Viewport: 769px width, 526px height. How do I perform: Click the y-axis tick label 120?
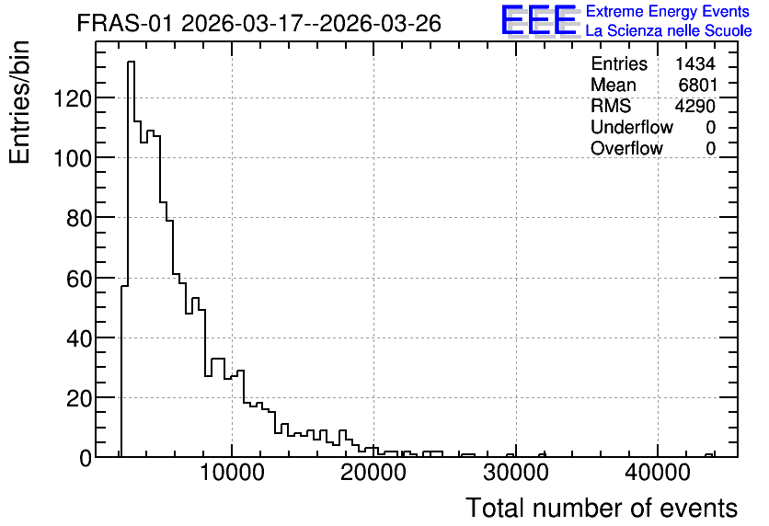coord(72,99)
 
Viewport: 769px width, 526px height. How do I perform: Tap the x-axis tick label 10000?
coord(232,473)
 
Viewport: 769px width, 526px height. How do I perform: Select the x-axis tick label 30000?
coord(515,473)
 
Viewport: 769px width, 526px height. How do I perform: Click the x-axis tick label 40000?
coord(657,473)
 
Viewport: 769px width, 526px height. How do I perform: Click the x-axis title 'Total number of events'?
coord(602,508)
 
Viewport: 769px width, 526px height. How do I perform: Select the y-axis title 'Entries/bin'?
coord(19,102)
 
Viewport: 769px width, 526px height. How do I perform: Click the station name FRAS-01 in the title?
coord(124,23)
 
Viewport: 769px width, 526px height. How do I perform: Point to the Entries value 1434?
coord(694,63)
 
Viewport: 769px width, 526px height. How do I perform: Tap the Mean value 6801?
coord(697,85)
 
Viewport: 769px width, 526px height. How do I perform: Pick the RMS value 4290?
coord(694,106)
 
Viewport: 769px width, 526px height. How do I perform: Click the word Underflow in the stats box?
coord(632,127)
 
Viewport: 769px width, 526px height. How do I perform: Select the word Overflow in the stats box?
coord(626,148)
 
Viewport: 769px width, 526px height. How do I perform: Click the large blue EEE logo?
coord(539,21)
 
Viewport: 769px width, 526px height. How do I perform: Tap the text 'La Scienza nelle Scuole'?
coord(669,30)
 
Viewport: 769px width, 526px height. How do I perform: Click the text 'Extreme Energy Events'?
coord(668,11)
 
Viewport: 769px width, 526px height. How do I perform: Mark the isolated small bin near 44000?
coord(708,455)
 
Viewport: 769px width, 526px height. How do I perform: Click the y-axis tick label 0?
coord(86,459)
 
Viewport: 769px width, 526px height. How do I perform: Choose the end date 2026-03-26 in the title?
coord(380,23)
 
